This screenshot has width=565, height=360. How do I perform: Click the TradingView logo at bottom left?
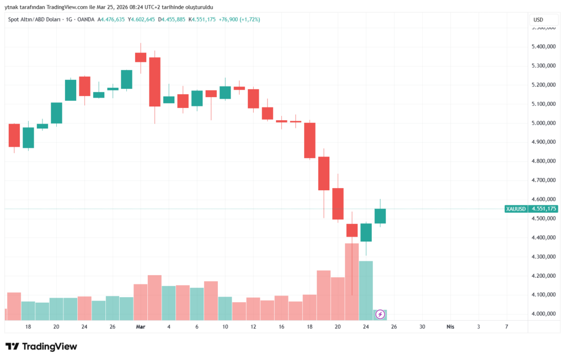pos(41,347)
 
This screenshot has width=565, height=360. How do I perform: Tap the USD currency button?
pos(538,20)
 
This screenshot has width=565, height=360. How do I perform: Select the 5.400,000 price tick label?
pos(543,47)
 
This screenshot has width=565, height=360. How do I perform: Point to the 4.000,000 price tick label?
pos(543,314)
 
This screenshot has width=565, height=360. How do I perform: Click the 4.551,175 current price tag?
pos(543,209)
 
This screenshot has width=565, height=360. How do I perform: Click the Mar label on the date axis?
pos(140,327)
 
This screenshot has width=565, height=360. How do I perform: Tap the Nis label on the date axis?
pos(450,327)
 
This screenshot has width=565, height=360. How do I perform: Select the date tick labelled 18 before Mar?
pos(28,327)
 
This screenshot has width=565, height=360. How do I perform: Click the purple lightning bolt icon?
pos(380,314)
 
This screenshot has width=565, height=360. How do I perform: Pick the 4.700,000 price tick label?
pos(543,180)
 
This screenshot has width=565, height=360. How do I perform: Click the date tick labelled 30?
pos(422,327)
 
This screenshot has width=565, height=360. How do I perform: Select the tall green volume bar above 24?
pos(366,291)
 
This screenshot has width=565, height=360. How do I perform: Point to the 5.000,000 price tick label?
pos(543,123)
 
